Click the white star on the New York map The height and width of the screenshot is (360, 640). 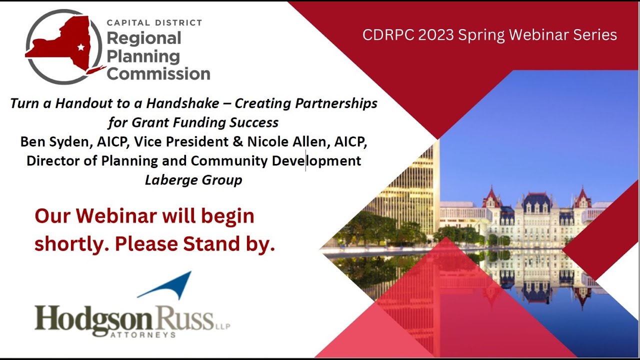coord(80,47)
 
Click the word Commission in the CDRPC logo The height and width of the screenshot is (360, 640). coord(158,73)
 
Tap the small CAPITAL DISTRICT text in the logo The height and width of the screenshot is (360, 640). coord(154,22)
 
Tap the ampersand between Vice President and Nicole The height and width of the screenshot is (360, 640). coord(238,142)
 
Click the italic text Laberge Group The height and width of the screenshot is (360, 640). coord(193,180)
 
